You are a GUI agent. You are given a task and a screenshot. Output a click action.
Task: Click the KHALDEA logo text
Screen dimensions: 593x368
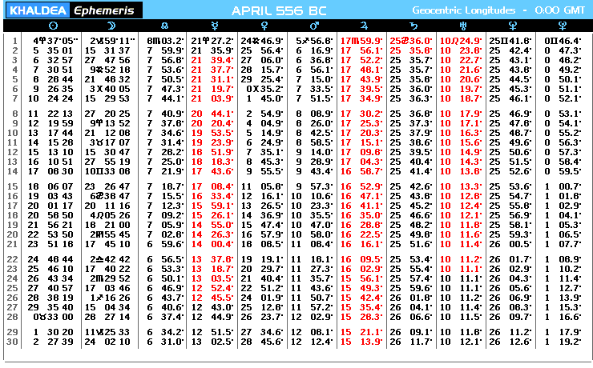(38, 10)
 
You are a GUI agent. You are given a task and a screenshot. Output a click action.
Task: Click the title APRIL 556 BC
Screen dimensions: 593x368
(279, 10)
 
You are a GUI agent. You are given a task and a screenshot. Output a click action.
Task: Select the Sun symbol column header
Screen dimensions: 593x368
(54, 26)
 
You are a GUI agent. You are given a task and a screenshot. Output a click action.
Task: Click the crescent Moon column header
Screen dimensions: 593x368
(111, 26)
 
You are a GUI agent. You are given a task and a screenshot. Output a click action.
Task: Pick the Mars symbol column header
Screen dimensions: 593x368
(314, 26)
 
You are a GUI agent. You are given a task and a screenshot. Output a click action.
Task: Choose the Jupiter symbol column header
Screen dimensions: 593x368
(363, 26)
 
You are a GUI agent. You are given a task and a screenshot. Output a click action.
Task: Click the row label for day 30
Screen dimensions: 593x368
(12, 342)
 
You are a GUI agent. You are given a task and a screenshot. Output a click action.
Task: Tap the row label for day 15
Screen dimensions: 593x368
(12, 186)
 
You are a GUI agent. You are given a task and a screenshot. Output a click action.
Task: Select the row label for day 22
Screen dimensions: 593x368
(12, 259)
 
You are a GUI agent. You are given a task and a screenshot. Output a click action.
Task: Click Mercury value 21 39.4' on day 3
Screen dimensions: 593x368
(212, 60)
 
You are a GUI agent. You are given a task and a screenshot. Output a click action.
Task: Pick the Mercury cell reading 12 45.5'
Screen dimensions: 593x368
(212, 298)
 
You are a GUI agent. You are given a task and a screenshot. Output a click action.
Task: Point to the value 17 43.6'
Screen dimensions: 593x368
(212, 171)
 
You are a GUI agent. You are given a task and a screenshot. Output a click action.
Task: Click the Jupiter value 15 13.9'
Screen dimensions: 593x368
(361, 342)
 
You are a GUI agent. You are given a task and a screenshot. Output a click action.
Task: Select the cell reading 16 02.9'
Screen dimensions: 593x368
(361, 269)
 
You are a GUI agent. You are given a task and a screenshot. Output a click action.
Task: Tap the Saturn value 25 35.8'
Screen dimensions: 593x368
(411, 50)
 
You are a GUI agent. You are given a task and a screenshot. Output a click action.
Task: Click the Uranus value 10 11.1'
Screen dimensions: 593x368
(461, 269)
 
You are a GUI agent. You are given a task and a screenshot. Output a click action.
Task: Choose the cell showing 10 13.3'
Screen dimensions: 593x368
(461, 186)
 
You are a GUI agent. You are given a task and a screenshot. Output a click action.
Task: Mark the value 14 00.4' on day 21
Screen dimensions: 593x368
(212, 244)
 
